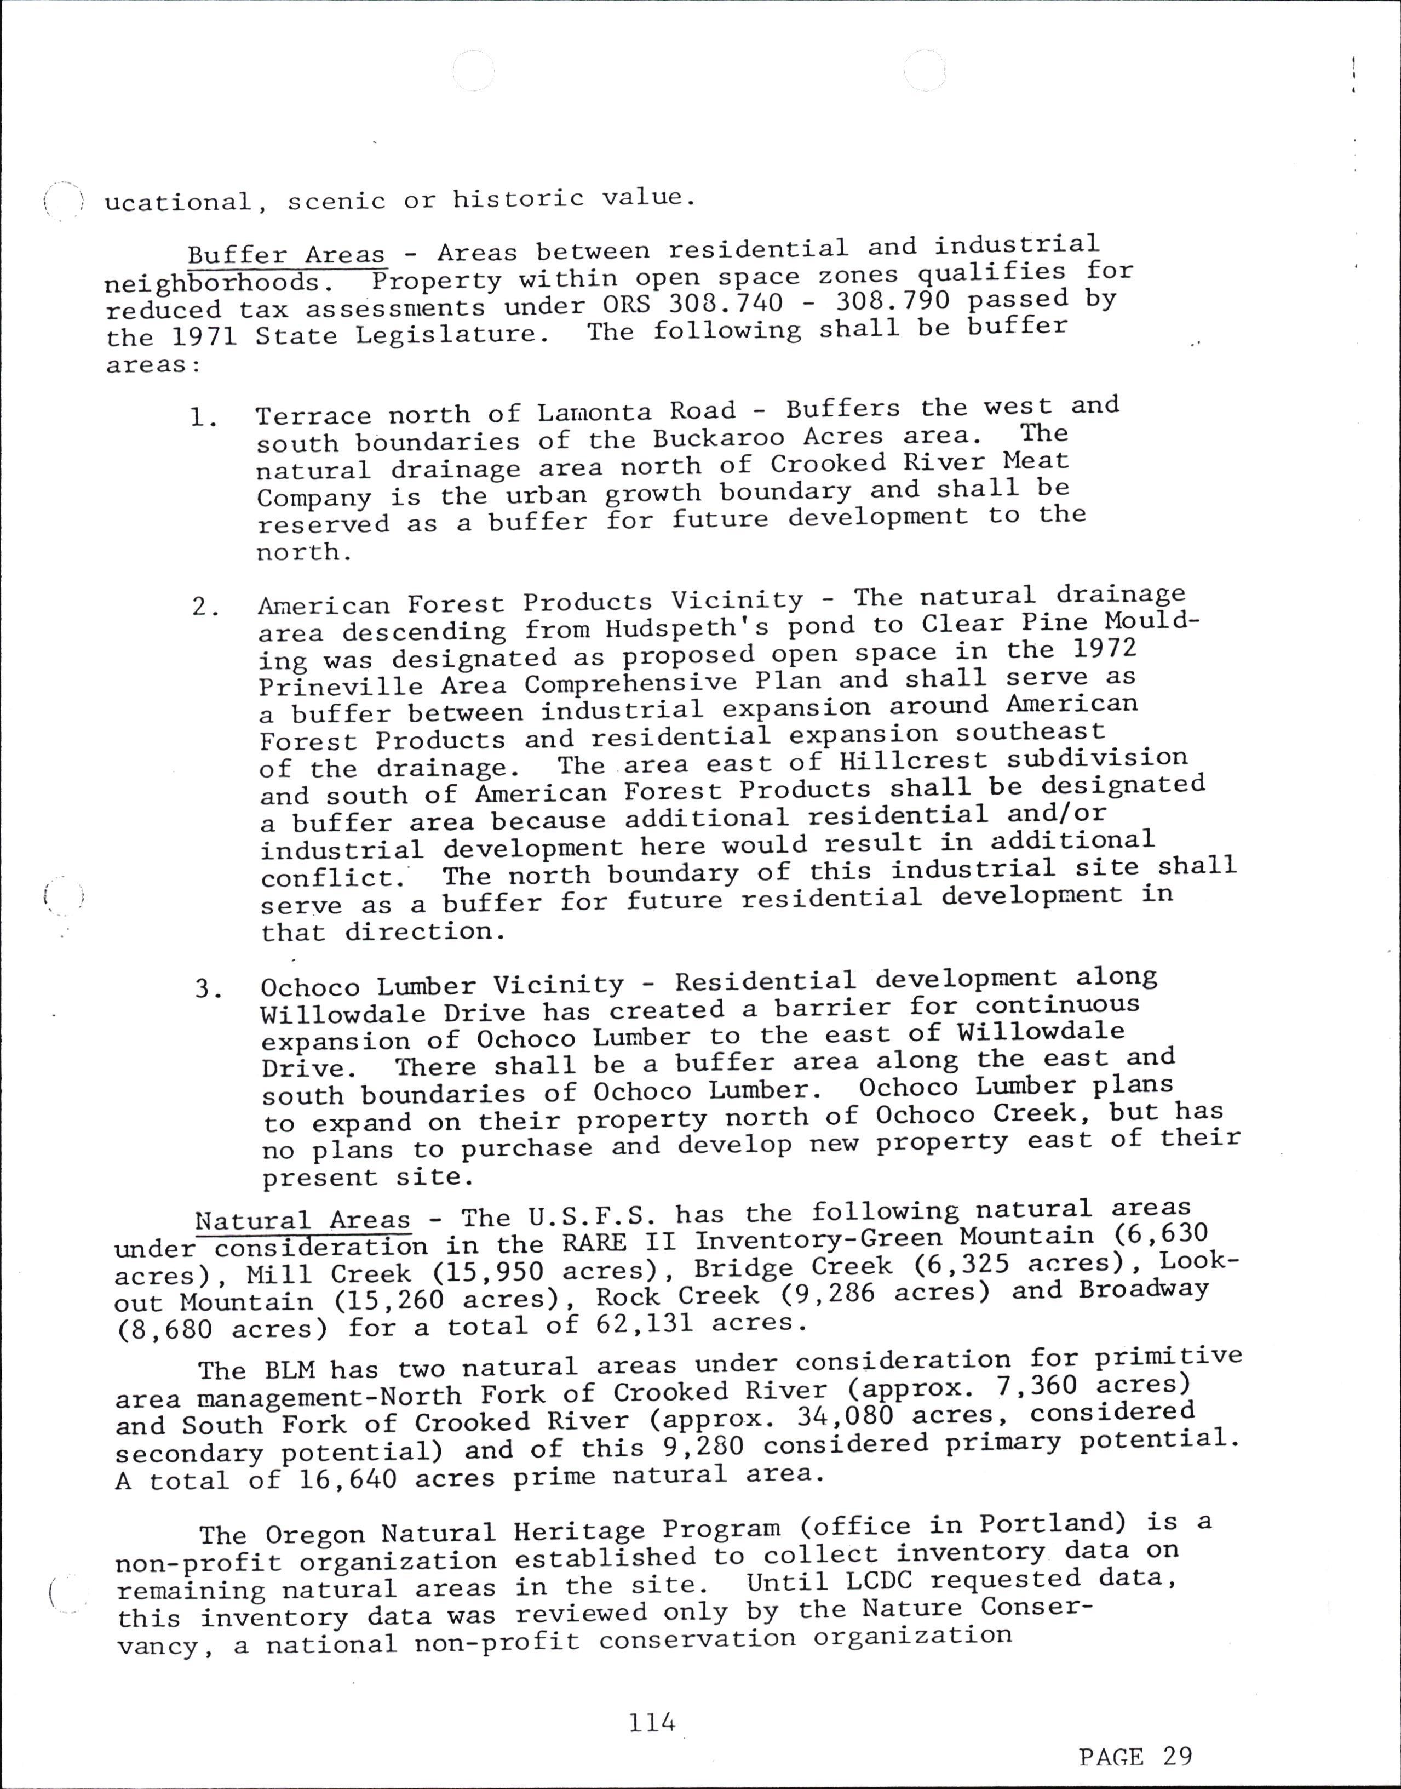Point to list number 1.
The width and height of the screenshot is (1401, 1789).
[203, 419]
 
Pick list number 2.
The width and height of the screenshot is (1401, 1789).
[205, 607]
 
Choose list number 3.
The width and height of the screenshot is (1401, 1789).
[208, 989]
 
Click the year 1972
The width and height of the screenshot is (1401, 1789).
[1104, 649]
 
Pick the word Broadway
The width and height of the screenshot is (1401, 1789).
[1142, 1289]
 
